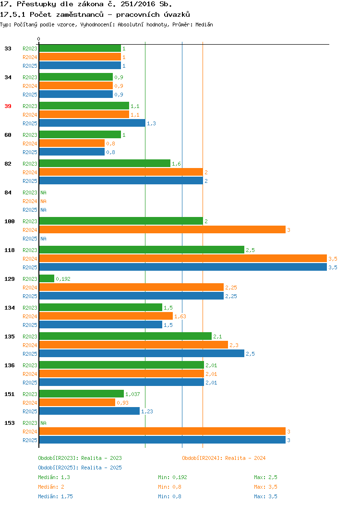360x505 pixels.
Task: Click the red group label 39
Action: point(8,106)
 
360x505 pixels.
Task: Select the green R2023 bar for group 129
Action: point(47,278)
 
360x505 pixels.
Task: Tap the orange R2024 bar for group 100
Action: point(162,229)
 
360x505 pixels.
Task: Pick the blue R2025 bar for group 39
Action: point(92,123)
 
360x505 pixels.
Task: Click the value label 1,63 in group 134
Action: point(180,316)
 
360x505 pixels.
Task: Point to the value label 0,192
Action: point(63,279)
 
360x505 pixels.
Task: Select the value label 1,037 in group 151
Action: point(132,394)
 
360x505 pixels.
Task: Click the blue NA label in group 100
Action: point(44,239)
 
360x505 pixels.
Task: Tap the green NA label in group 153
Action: point(44,423)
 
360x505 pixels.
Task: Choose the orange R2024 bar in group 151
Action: point(77,402)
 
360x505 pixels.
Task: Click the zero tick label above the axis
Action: point(39,39)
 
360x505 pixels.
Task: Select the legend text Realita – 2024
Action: point(245,458)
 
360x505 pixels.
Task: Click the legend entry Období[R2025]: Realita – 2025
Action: point(80,468)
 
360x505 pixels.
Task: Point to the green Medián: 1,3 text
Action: point(54,477)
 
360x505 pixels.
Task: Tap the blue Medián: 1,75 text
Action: point(55,496)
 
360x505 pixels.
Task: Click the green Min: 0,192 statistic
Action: point(172,477)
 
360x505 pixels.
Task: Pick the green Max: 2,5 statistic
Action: point(265,477)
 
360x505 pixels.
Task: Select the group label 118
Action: point(9,250)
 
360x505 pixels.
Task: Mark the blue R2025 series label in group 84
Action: point(30,210)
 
